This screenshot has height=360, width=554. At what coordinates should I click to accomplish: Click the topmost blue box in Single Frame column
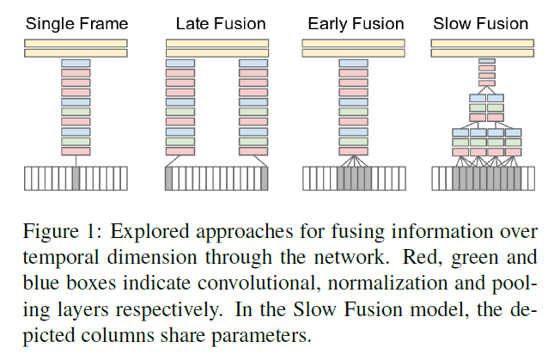tap(76, 63)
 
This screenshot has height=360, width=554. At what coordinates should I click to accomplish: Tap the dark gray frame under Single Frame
tap(76, 179)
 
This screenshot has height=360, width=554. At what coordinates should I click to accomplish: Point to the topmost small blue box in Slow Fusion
tap(487, 61)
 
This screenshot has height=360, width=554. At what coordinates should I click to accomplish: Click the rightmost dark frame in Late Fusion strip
tap(264, 179)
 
